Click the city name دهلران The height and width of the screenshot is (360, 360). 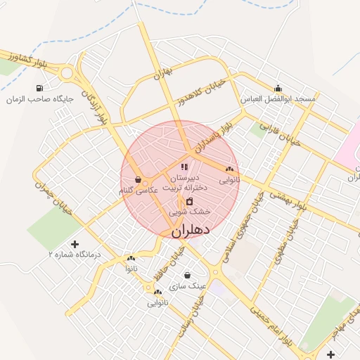coord(191,230)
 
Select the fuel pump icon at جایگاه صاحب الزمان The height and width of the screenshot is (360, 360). coord(39,88)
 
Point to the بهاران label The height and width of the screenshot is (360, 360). coord(162,73)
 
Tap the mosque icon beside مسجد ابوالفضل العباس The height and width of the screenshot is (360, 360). coord(279,89)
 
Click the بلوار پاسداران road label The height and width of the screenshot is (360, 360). coord(213,139)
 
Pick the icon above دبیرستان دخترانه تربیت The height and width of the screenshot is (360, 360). coord(184,167)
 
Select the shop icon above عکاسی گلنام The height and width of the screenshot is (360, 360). coord(137,179)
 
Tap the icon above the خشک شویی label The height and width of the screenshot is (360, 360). coord(188,201)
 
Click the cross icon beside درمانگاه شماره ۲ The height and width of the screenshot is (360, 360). coord(75,243)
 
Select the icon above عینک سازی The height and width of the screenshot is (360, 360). coord(187,275)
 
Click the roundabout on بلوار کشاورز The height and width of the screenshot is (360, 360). coord(68,72)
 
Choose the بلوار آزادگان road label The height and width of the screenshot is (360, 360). coord(97,109)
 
